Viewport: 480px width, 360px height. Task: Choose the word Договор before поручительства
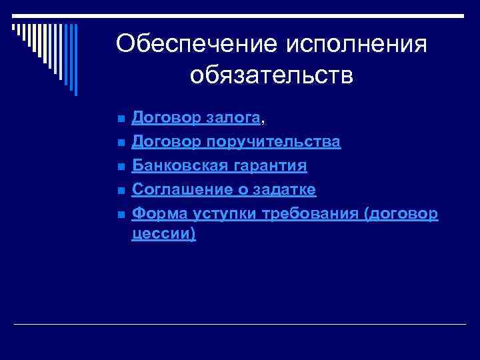coord(166,143)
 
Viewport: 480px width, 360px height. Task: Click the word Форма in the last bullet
coord(156,213)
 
